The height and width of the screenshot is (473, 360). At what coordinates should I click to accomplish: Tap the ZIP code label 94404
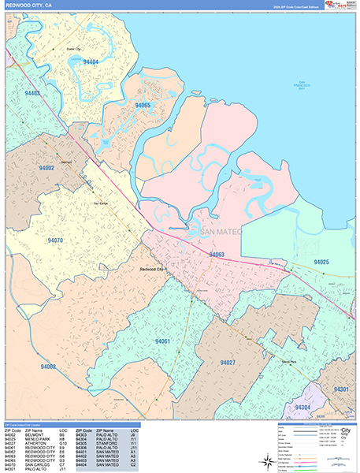click(91, 61)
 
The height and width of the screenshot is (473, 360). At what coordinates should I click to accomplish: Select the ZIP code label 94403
click(32, 93)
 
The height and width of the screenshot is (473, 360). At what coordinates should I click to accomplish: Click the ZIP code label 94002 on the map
click(46, 168)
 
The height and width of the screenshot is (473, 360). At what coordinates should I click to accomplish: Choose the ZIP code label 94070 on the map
click(55, 239)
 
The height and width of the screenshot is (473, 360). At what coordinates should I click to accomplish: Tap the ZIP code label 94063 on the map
click(217, 255)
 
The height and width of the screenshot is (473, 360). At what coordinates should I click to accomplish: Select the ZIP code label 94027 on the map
click(228, 362)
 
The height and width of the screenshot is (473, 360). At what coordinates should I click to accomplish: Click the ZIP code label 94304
click(302, 407)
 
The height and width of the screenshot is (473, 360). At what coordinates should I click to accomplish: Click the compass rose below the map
click(262, 460)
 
